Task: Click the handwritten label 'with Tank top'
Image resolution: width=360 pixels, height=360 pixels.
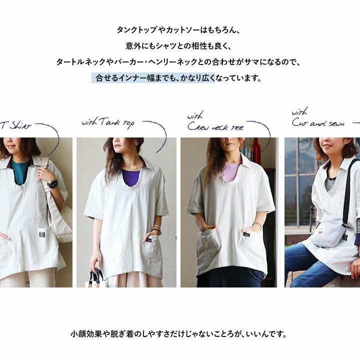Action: point(108,123)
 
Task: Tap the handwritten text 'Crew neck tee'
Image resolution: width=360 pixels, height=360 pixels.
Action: point(215,126)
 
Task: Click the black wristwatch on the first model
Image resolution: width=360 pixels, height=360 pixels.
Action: point(53,184)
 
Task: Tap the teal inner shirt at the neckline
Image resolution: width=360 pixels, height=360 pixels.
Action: point(20,172)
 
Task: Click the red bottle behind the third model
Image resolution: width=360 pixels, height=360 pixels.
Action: point(256,147)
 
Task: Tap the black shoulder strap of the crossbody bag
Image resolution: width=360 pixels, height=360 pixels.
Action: point(348,190)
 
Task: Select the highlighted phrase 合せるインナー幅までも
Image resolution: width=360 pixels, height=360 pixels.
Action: point(135,78)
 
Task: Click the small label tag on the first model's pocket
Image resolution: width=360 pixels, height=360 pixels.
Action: point(42,234)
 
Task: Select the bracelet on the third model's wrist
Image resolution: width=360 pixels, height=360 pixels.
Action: point(257,225)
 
